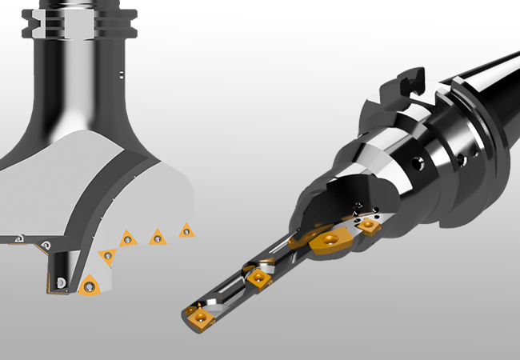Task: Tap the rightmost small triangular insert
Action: [x=186, y=230]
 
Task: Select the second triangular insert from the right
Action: [x=157, y=237]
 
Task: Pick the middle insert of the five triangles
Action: [x=127, y=238]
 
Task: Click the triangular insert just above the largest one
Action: [x=107, y=256]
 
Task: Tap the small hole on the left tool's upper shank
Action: [x=120, y=75]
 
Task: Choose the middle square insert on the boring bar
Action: [x=258, y=278]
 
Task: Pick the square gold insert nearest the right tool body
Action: [x=368, y=226]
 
